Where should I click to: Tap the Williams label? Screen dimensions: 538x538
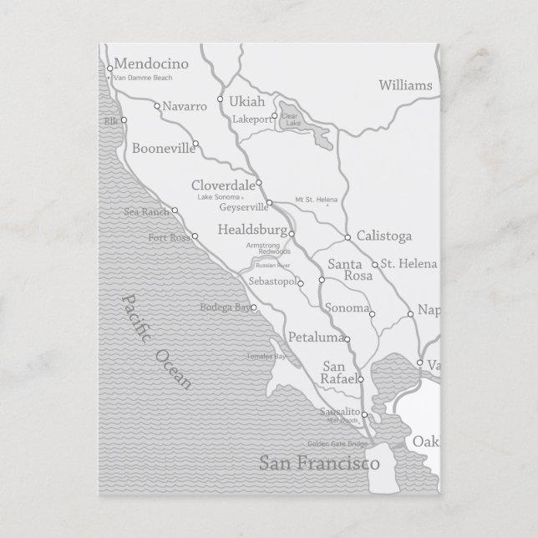click(x=405, y=85)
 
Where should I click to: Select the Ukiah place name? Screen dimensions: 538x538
click(x=246, y=102)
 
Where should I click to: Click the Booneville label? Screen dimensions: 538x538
click(x=161, y=150)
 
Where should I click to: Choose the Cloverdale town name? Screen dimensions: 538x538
click(x=222, y=185)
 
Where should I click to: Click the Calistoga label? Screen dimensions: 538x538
click(x=383, y=236)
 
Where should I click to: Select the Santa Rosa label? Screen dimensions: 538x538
click(x=343, y=270)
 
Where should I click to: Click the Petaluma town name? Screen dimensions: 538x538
click(x=315, y=338)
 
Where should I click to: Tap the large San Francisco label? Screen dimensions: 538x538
click(x=319, y=463)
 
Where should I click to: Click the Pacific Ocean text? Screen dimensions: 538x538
click(x=156, y=342)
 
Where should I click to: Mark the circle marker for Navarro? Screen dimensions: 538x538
click(x=157, y=106)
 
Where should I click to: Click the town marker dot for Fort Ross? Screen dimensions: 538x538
click(x=195, y=236)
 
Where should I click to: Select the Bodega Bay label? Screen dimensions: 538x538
click(x=225, y=307)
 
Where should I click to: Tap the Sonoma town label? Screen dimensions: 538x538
click(x=347, y=308)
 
